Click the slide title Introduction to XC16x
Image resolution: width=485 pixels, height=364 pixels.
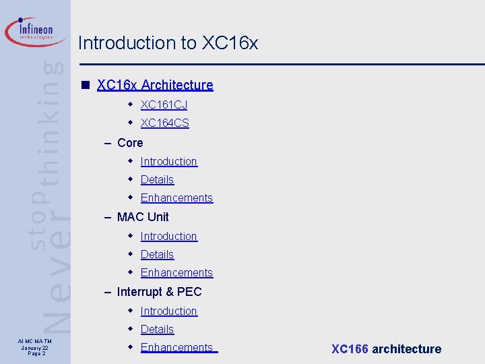point(168,43)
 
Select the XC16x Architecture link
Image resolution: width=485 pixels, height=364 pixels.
point(155,85)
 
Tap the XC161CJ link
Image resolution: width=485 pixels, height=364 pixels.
point(164,104)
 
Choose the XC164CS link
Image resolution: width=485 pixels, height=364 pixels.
point(164,123)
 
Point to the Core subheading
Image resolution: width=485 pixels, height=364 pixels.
point(130,143)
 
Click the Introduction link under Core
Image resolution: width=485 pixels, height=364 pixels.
point(168,161)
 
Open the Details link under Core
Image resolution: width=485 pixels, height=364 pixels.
point(157,179)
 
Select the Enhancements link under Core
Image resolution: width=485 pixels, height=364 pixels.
point(176,198)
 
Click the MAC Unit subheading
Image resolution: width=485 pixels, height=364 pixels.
point(143,217)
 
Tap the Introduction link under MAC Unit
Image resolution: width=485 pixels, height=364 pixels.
point(168,236)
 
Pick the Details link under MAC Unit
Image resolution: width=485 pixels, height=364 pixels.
point(157,254)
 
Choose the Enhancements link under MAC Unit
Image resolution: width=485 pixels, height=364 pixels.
point(176,272)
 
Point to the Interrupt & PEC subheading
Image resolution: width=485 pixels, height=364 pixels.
point(159,292)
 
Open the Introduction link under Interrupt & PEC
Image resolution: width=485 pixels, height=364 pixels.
point(168,311)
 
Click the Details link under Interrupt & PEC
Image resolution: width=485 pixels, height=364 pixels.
point(157,329)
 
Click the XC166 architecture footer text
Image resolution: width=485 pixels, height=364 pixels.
point(386,349)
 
